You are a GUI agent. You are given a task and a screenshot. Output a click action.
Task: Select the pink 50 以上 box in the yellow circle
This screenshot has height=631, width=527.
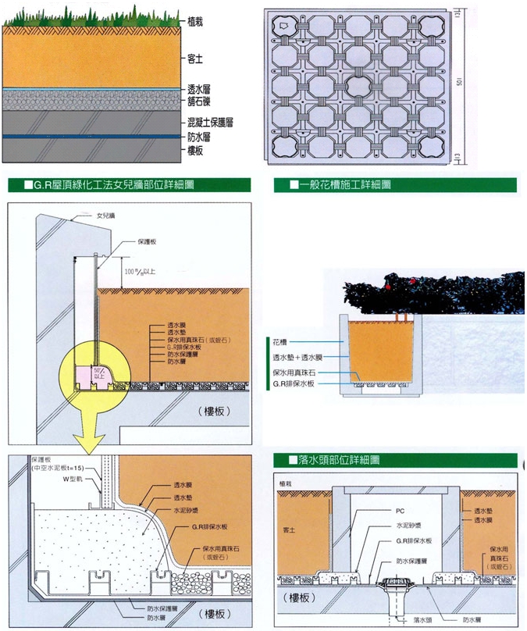coord(100,373)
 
